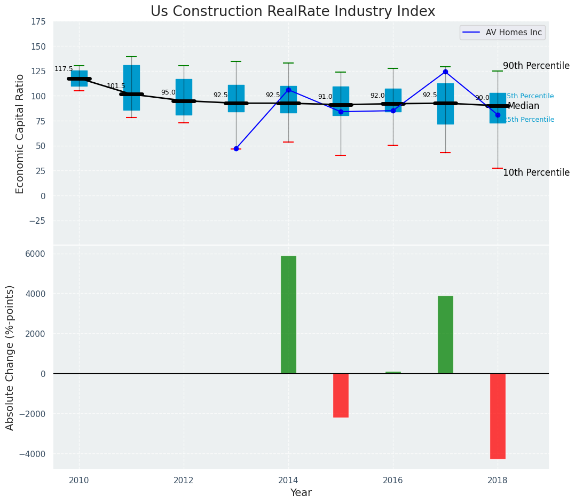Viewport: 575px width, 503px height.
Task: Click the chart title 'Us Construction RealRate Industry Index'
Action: [x=293, y=12]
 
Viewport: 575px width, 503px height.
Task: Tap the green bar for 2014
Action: [x=288, y=315]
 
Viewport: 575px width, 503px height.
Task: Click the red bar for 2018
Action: [x=498, y=416]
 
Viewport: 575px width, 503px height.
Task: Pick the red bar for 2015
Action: [x=341, y=395]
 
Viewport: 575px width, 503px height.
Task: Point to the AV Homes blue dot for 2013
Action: [x=236, y=148]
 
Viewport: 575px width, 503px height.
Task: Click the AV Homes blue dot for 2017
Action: [x=445, y=72]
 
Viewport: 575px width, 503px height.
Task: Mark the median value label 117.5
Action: [x=64, y=69]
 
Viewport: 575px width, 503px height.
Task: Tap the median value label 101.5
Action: [x=116, y=86]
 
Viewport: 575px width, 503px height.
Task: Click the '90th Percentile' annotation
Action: [x=536, y=66]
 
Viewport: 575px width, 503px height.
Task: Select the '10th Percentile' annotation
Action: [x=536, y=172]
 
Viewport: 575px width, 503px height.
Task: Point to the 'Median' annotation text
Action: [x=523, y=106]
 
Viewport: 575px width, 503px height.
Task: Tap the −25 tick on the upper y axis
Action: [x=36, y=221]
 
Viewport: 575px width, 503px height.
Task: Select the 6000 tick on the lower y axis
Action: [x=35, y=254]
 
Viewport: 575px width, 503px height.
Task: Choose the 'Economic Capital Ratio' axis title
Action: [x=20, y=133]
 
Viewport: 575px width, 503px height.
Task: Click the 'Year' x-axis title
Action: [x=301, y=492]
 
